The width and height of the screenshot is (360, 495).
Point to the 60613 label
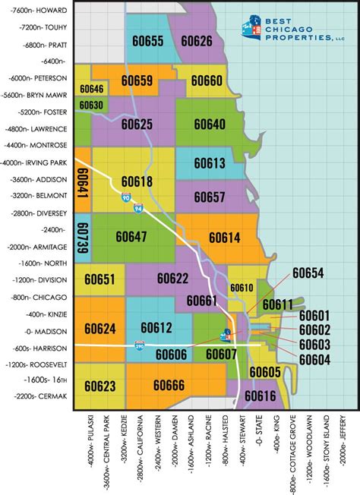click(x=209, y=163)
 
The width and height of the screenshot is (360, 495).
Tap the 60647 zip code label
click(x=132, y=237)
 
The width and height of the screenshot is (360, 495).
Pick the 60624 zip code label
click(x=100, y=329)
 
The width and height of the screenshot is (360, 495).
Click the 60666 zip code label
click(x=169, y=386)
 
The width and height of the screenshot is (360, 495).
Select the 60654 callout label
click(x=308, y=274)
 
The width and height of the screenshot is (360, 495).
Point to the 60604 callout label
click(x=314, y=358)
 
